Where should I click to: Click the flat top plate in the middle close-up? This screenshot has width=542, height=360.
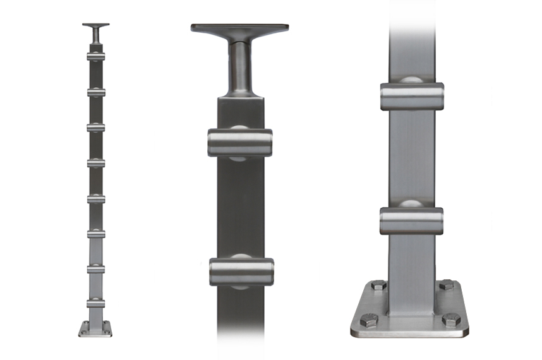tap(240, 28)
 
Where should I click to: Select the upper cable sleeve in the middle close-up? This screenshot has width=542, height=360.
tap(240, 143)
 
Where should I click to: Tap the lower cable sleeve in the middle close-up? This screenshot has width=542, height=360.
tap(241, 272)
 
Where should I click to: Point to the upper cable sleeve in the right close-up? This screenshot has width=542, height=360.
tap(411, 97)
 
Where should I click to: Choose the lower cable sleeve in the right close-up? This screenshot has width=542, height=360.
tap(411, 220)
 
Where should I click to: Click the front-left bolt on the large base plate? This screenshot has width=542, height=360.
tap(368, 320)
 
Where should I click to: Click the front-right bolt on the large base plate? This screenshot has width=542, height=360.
tap(451, 320)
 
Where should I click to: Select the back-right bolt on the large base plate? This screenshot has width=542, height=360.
tap(446, 285)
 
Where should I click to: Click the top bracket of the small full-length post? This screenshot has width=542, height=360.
tap(95, 26)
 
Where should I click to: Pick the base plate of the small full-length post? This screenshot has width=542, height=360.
tap(95, 330)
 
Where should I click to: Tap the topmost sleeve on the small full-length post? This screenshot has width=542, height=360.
tap(95, 57)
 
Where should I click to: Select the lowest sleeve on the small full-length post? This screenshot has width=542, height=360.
tap(95, 304)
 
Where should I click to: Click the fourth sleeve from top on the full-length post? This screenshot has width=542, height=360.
tap(95, 163)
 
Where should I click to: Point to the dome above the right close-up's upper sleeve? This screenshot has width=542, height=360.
tap(411, 80)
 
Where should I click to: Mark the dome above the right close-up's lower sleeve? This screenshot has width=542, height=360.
tap(411, 204)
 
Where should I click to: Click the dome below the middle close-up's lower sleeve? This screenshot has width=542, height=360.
tap(241, 287)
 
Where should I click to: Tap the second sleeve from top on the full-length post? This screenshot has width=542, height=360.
tap(95, 92)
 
